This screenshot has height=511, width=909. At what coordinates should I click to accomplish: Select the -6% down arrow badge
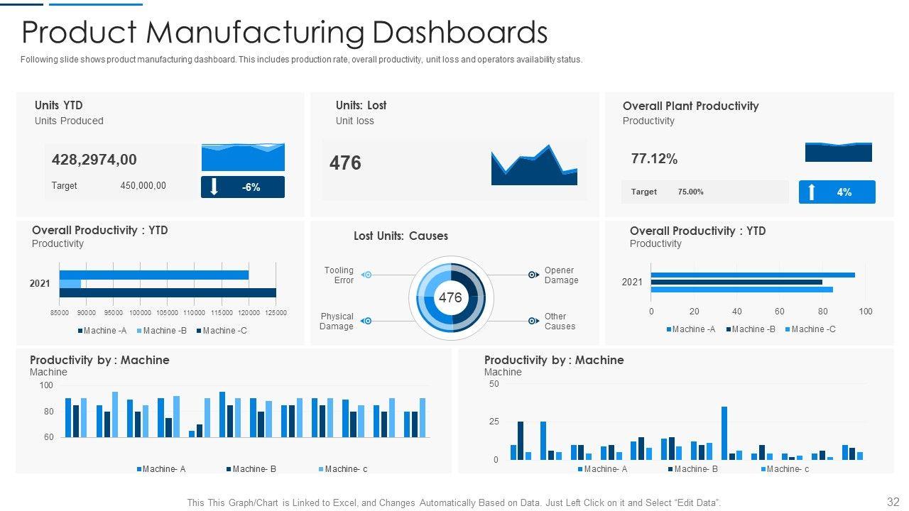pyautogui.click(x=243, y=187)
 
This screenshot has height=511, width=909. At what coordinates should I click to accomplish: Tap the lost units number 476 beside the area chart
pyautogui.click(x=345, y=163)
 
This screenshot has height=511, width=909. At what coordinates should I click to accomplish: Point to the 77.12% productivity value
pyautogui.click(x=654, y=159)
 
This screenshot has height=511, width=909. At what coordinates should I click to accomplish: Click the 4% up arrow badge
pyautogui.click(x=837, y=192)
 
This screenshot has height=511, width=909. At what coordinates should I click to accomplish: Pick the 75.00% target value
pyautogui.click(x=690, y=192)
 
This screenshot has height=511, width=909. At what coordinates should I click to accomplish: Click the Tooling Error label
pyautogui.click(x=339, y=275)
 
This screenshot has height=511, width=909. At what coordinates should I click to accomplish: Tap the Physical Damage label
pyautogui.click(x=337, y=322)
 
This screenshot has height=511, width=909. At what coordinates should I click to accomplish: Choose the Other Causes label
pyautogui.click(x=560, y=322)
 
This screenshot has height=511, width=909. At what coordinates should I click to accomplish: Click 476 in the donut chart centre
pyautogui.click(x=450, y=298)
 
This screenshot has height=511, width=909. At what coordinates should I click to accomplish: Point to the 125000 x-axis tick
pyautogui.click(x=276, y=313)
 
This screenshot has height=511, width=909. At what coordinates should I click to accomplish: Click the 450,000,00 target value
pyautogui.click(x=143, y=186)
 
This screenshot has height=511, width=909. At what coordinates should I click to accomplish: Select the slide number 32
pyautogui.click(x=893, y=501)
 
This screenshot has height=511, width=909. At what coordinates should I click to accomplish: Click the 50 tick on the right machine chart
pyautogui.click(x=494, y=384)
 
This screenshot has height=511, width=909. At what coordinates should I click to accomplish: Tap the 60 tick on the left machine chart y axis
pyautogui.click(x=48, y=437)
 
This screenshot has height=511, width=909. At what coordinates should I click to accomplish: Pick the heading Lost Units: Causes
pyautogui.click(x=401, y=236)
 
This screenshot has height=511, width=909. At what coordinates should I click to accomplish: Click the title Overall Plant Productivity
pyautogui.click(x=690, y=106)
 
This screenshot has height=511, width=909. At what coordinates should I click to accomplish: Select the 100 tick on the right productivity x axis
pyautogui.click(x=866, y=312)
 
